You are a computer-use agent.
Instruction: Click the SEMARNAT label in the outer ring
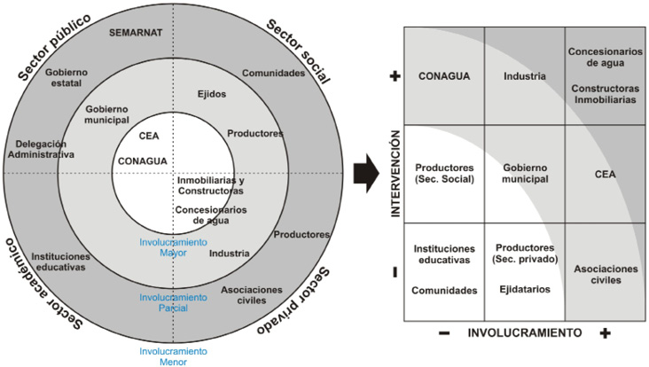tap(136, 33)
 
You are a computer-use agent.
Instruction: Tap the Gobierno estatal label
tap(66, 77)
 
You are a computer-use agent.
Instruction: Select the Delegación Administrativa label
tap(41, 149)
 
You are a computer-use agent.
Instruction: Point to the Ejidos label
tap(212, 94)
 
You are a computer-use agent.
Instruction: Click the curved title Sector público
tap(54, 48)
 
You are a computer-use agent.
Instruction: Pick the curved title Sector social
tap(298, 51)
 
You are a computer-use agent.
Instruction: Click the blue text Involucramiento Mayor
tap(173, 247)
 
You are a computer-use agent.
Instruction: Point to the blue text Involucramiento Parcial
tap(173, 302)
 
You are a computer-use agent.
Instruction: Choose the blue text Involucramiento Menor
tap(173, 356)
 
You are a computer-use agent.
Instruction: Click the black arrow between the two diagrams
tap(366, 173)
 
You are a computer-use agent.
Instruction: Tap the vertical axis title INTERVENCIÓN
tap(395, 174)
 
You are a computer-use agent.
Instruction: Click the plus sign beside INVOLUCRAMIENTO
tap(606, 333)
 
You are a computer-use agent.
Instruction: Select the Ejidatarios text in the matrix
tap(525, 289)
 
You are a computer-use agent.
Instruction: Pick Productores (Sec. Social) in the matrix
tap(444, 174)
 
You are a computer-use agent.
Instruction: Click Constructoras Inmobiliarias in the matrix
tap(606, 94)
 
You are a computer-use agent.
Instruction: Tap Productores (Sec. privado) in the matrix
tap(525, 254)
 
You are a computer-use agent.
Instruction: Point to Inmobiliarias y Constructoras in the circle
tap(211, 186)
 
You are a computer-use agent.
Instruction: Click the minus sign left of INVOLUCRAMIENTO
tap(444, 333)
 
